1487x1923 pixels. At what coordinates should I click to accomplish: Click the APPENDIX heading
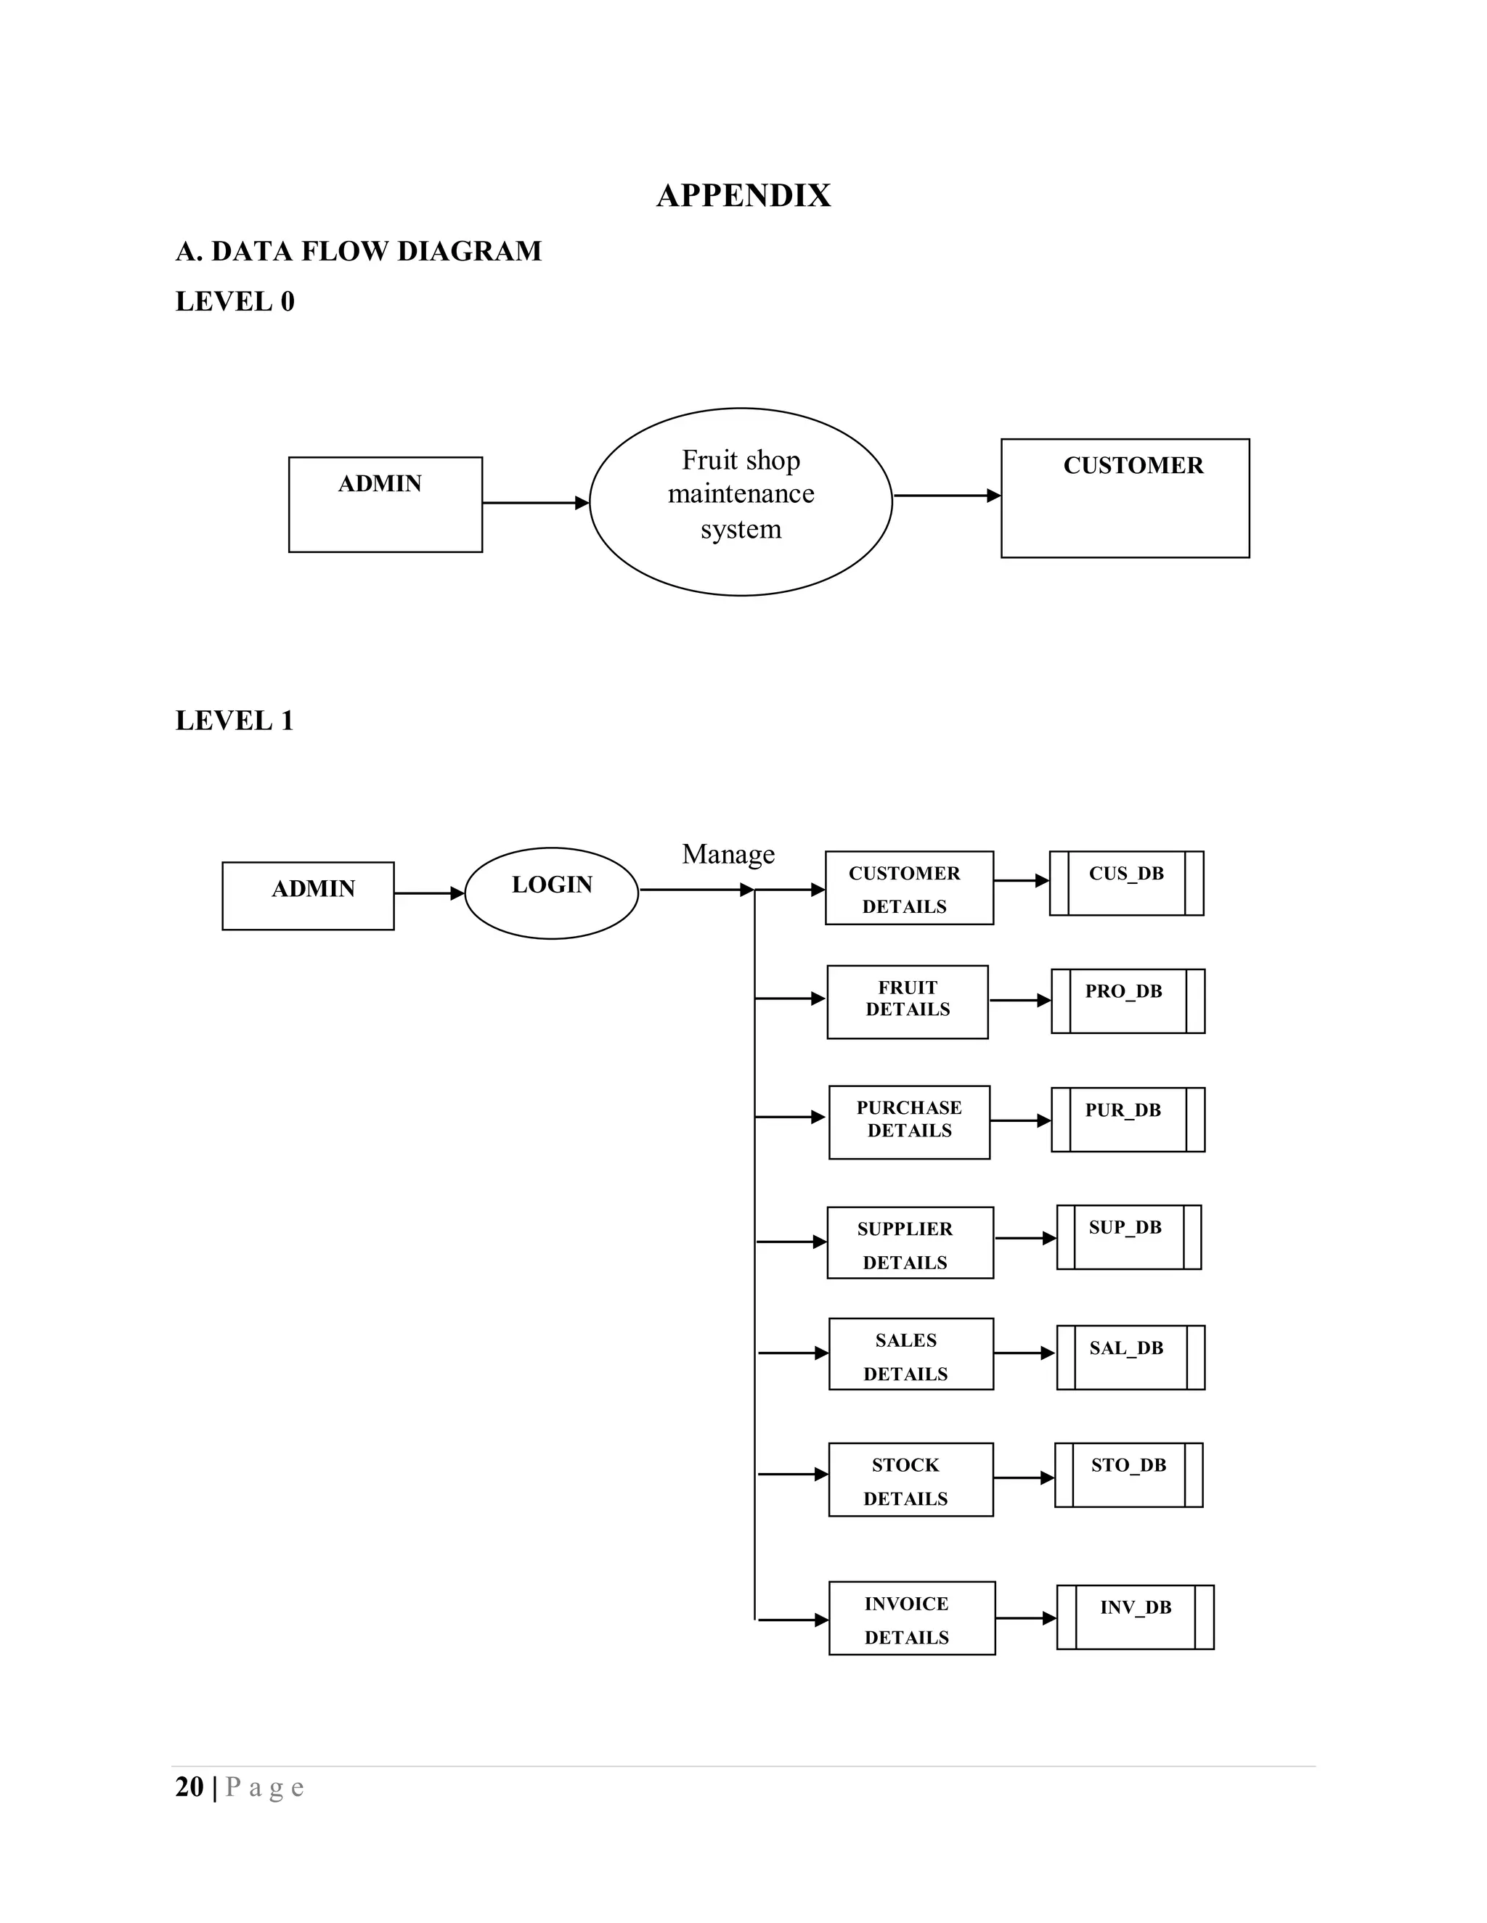743,195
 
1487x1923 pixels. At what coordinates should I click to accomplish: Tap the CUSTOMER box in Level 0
1124,498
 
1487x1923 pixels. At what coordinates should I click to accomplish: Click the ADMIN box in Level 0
385,504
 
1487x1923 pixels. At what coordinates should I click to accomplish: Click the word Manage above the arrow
728,853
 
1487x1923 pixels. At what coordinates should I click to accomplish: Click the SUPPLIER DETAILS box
909,1242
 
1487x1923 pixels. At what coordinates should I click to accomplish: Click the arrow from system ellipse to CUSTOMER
946,496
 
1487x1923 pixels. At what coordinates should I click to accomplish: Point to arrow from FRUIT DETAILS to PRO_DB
1019,1000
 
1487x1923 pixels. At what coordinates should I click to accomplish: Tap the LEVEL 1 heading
235,721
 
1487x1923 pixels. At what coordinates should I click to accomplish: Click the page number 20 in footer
190,1787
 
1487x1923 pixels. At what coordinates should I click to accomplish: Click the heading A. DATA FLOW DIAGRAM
359,251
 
